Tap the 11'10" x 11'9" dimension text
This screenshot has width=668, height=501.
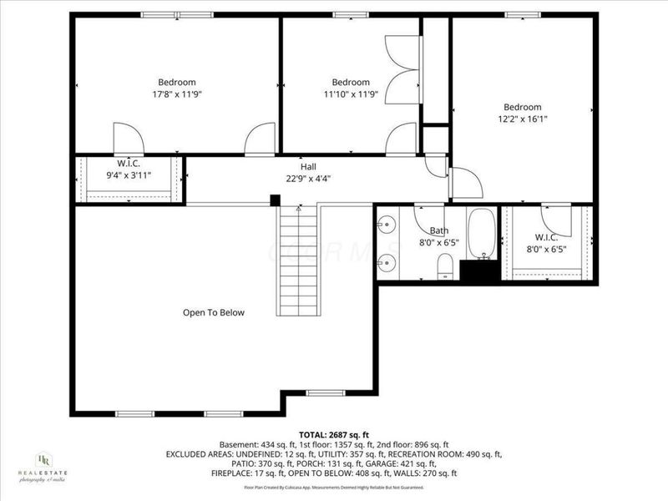pyautogui.click(x=351, y=94)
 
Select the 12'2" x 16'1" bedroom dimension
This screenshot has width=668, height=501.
pyautogui.click(x=522, y=119)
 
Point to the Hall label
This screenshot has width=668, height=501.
pyautogui.click(x=308, y=166)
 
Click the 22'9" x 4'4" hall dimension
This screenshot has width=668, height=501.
pyautogui.click(x=308, y=178)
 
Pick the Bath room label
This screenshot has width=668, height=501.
pyautogui.click(x=439, y=230)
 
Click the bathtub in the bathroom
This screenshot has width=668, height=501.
pyautogui.click(x=482, y=234)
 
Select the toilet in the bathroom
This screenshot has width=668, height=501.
pyautogui.click(x=446, y=266)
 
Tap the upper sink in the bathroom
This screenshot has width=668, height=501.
pyautogui.click(x=385, y=225)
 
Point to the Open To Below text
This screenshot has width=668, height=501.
pyautogui.click(x=214, y=312)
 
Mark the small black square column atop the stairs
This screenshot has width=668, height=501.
pyautogui.click(x=275, y=200)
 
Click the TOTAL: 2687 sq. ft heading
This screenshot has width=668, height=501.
pyautogui.click(x=334, y=433)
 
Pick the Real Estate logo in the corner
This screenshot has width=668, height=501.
pyautogui.click(x=42, y=467)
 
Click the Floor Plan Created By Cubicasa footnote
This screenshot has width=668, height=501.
pyautogui.click(x=334, y=486)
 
